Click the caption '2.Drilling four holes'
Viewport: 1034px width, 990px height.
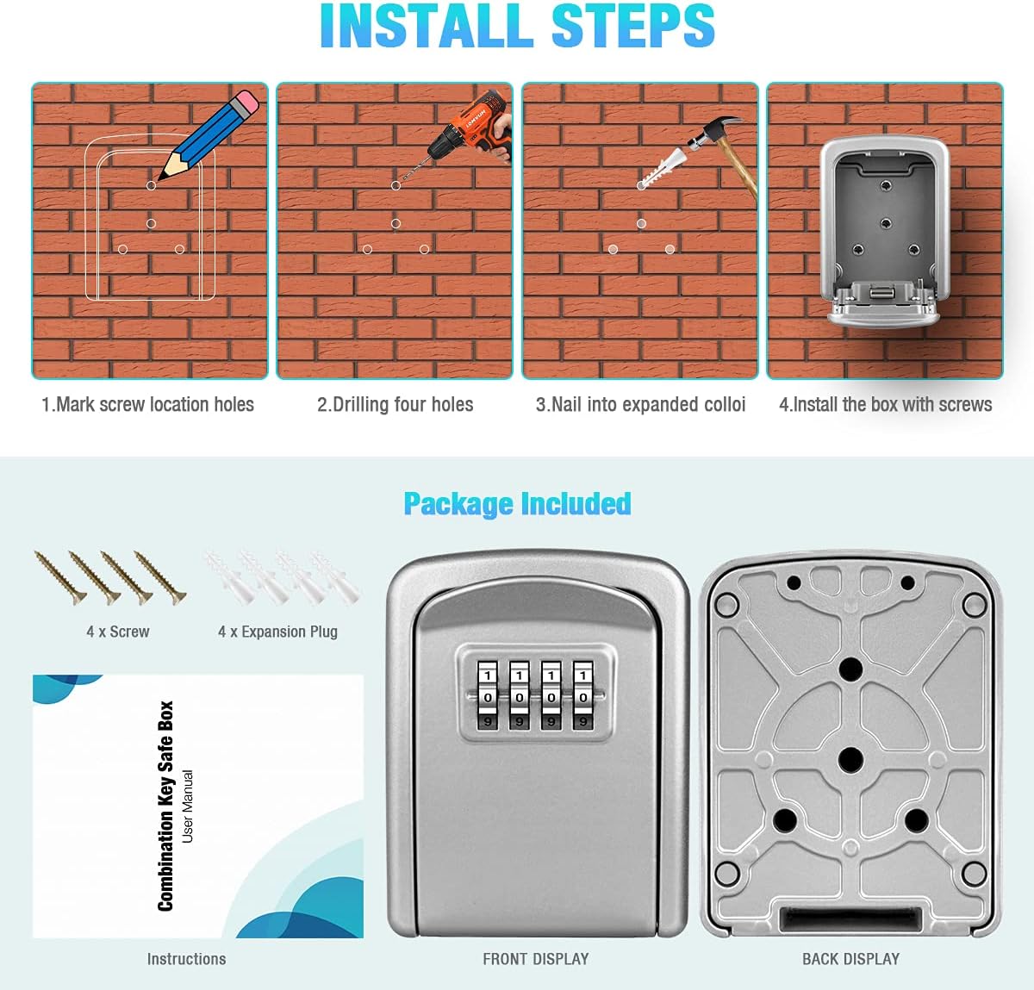(x=395, y=404)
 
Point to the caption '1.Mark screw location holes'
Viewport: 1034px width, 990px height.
(x=147, y=404)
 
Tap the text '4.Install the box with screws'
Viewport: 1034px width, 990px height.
(x=885, y=404)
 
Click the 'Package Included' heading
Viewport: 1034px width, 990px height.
(x=517, y=503)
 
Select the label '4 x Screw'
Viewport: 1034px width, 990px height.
(x=117, y=632)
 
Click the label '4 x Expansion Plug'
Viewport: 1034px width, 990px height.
(x=277, y=632)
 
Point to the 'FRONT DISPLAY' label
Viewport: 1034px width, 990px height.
(x=535, y=959)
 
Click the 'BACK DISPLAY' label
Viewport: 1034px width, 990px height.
(x=850, y=959)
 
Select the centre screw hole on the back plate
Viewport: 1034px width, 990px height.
(x=850, y=760)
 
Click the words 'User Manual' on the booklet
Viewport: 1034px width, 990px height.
(x=188, y=806)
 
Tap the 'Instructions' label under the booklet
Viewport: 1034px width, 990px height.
(x=186, y=959)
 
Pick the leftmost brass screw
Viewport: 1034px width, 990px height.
(x=59, y=576)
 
